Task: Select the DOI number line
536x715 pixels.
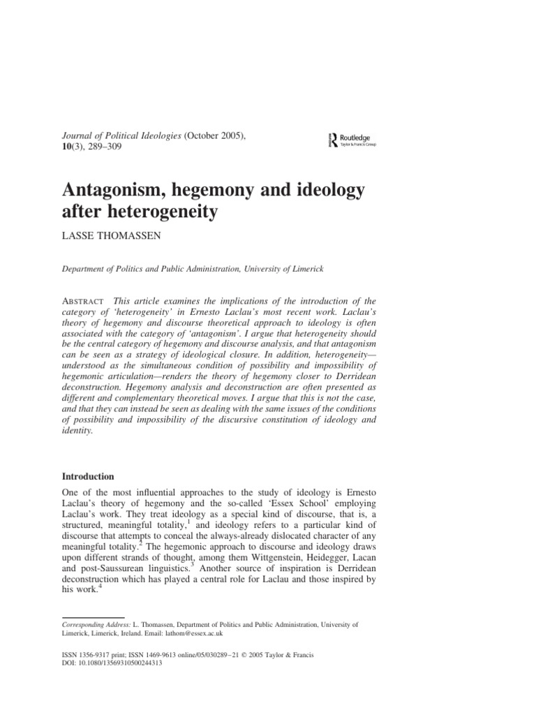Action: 112,664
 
